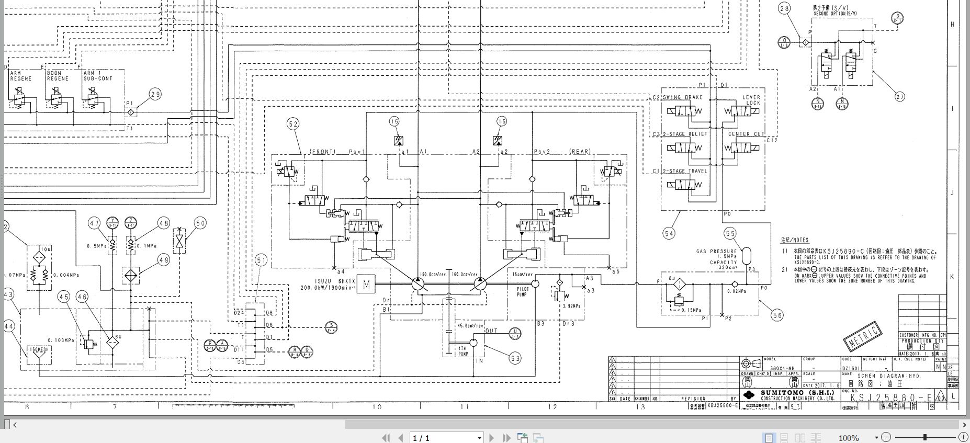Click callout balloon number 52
tap(293, 124)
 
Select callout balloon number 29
tap(155, 94)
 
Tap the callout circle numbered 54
tap(669, 233)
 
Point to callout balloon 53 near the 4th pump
tap(515, 358)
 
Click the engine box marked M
tap(366, 285)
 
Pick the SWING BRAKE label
tap(683, 98)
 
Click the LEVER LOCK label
tap(751, 100)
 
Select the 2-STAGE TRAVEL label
tap(685, 171)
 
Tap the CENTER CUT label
tap(746, 134)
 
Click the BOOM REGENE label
tap(58, 76)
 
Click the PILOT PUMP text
tap(522, 292)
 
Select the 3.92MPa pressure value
tap(572, 306)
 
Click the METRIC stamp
tap(863, 335)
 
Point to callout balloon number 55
tap(730, 233)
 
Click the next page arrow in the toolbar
tap(491, 438)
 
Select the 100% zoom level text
tap(848, 438)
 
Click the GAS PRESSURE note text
tap(716, 252)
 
